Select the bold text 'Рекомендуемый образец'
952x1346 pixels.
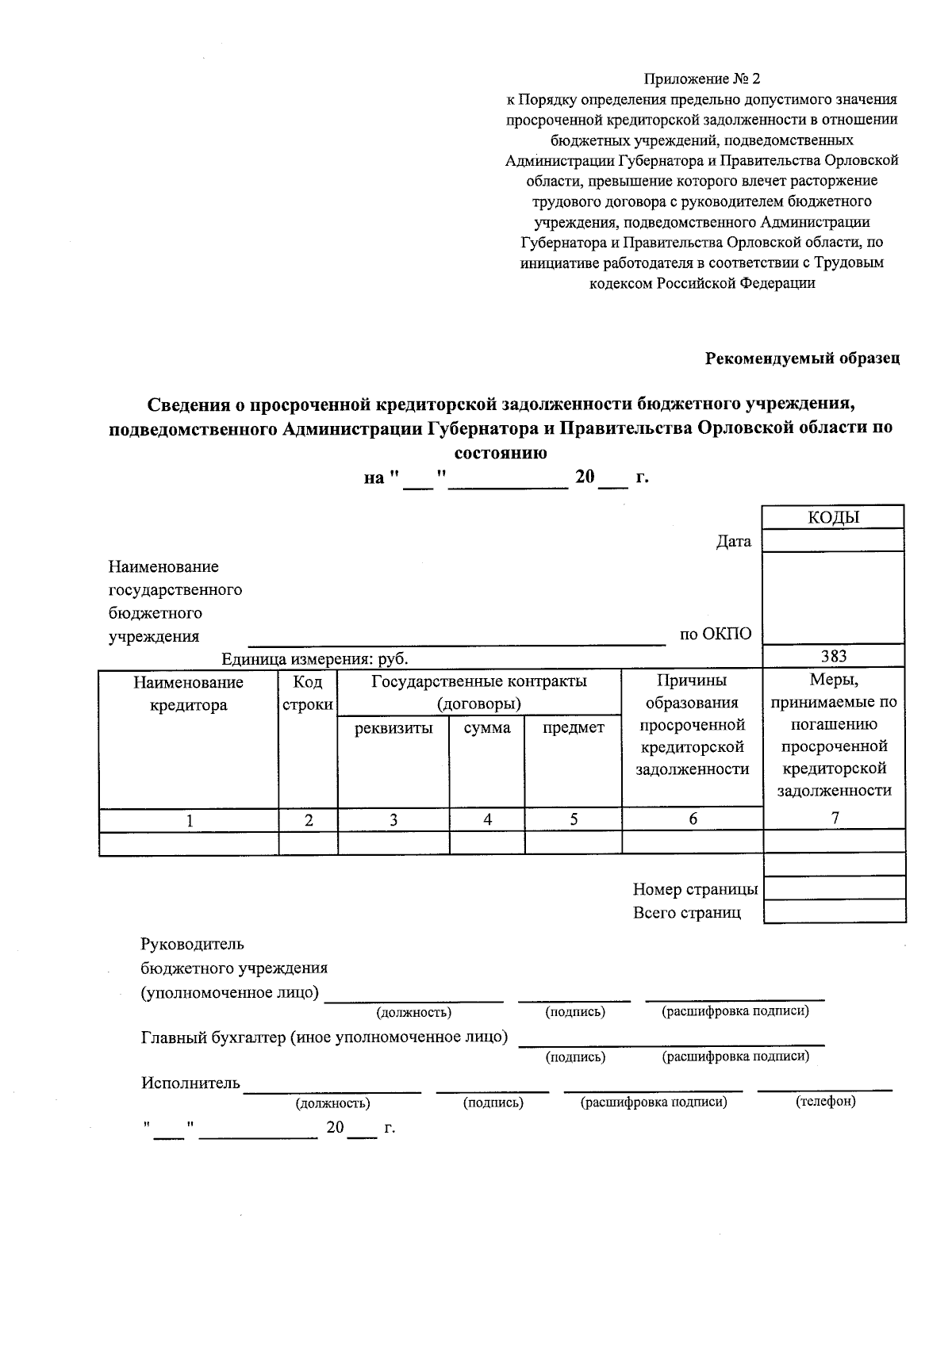(803, 359)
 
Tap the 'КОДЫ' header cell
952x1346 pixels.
(833, 518)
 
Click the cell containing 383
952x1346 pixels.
(833, 656)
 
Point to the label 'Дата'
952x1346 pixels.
(733, 542)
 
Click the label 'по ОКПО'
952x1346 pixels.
(715, 634)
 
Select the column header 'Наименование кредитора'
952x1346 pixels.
(188, 694)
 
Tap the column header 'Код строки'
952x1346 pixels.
(308, 694)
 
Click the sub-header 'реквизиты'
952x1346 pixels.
(393, 728)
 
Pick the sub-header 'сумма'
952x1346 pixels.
(487, 728)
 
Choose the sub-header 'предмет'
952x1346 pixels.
(573, 728)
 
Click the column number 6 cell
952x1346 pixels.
(693, 819)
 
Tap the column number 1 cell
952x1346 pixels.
(189, 821)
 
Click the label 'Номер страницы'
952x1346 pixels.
(695, 889)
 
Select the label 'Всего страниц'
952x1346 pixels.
(686, 913)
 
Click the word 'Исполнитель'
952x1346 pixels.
(190, 1083)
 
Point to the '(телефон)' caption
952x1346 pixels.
(825, 1102)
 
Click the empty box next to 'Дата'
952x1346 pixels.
(833, 541)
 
